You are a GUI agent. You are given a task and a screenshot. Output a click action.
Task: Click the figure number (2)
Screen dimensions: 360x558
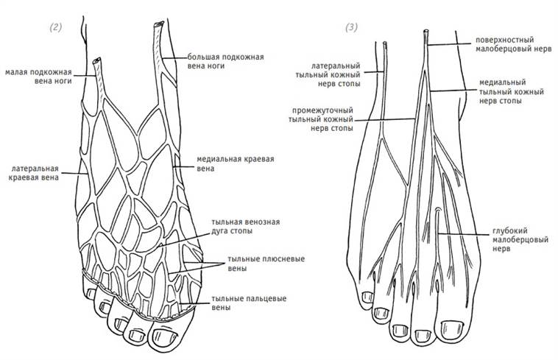56,27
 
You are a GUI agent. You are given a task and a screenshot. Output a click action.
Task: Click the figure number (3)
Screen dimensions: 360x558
352,27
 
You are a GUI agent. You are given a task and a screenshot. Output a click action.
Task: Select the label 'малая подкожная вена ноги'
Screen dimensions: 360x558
39,77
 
